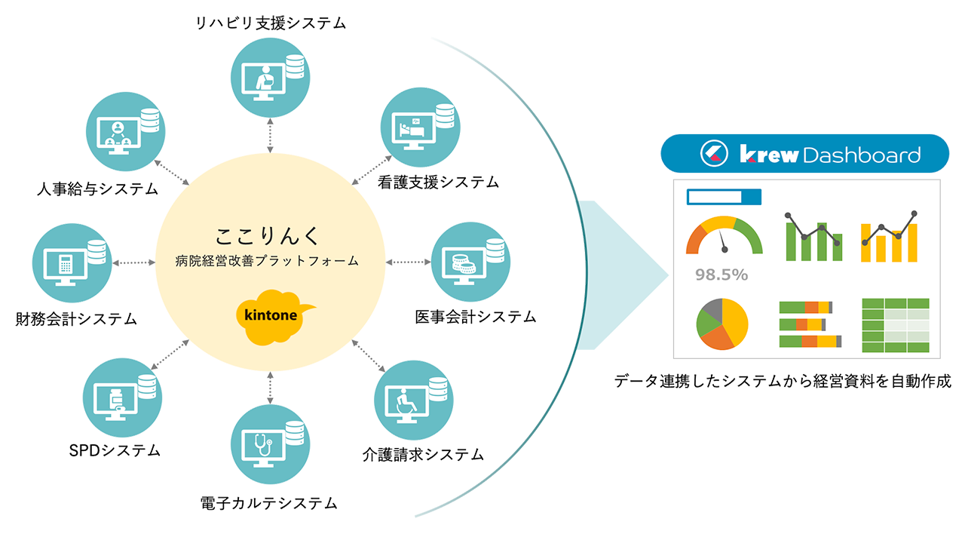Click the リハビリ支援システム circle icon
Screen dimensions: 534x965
[270, 75]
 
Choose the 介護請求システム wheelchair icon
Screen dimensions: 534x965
[414, 397]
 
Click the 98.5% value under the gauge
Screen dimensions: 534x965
[721, 275]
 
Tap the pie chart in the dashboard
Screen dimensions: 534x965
[722, 324]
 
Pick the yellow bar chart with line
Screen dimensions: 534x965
[889, 235]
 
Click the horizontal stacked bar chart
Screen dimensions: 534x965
[806, 324]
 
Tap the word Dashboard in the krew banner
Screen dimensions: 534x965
[862, 155]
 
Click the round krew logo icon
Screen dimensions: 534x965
[712, 155]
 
